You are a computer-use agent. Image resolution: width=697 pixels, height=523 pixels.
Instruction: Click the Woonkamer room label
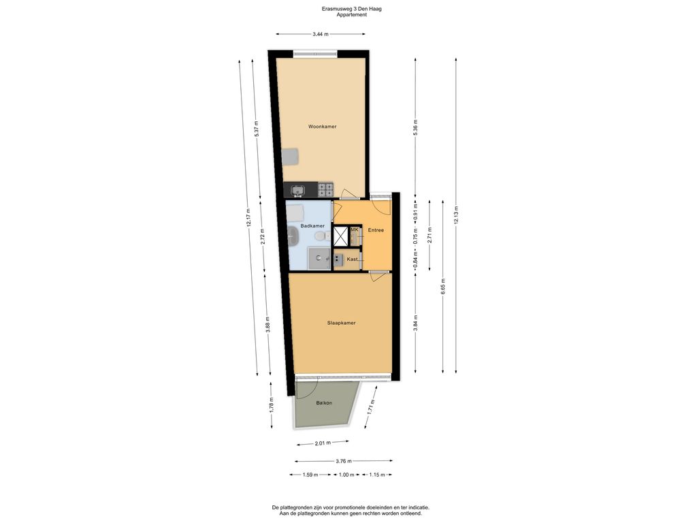322,127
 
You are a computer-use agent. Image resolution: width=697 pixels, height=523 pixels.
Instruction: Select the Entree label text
376,230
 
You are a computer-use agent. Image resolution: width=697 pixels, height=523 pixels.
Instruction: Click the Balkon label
324,403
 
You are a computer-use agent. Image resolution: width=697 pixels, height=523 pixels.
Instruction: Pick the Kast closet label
353,259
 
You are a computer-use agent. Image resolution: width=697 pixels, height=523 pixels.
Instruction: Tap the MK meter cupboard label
354,230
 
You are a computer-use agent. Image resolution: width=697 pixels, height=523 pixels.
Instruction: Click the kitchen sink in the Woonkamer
297,190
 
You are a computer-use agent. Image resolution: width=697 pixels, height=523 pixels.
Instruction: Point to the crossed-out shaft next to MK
340,236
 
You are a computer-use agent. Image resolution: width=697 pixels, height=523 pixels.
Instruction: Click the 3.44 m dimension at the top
320,34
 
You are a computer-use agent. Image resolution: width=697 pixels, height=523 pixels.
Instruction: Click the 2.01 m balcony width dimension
322,443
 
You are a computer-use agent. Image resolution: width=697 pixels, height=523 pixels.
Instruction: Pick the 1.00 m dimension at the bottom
346,475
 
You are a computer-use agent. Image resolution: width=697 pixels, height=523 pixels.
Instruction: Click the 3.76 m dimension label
344,460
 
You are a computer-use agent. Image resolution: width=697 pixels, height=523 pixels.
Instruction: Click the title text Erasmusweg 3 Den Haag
351,8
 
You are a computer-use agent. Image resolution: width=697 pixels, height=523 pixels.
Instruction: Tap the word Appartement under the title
351,15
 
